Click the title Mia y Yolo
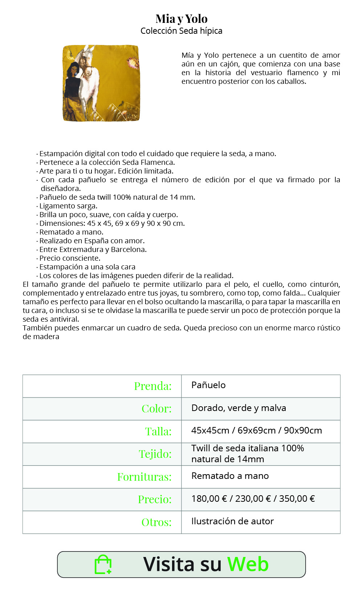(181, 19)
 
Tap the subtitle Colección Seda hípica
(181, 31)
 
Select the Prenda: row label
(153, 386)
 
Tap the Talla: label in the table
(158, 431)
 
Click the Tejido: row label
(155, 454)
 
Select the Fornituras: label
(144, 477)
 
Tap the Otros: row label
(156, 522)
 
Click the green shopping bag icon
(103, 565)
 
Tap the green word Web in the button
(248, 564)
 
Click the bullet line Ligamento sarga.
(68, 206)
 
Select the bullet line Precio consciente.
(70, 258)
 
